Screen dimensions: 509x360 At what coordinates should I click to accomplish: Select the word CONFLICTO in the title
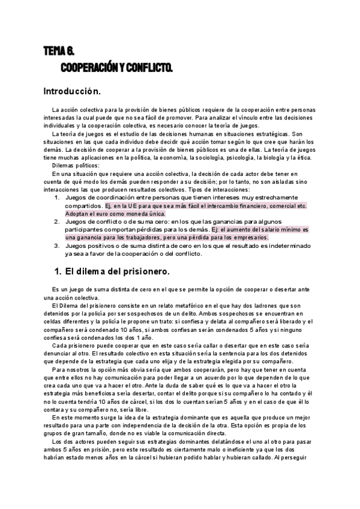point(148,68)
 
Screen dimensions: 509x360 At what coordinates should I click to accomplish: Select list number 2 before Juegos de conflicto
point(57,221)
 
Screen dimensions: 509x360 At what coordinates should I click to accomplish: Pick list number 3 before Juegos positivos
point(57,245)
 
